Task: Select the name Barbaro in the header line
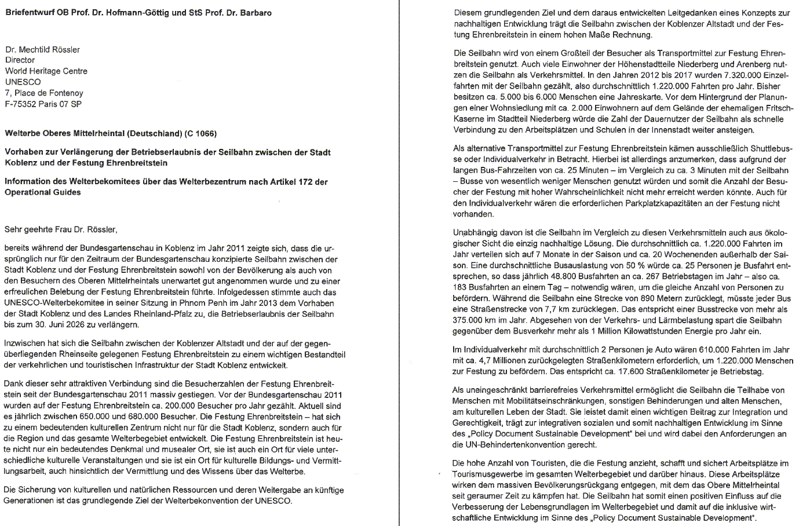(255, 13)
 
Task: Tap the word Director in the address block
(20, 60)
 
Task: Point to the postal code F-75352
(21, 104)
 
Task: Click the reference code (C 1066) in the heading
(200, 134)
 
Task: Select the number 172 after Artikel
(305, 182)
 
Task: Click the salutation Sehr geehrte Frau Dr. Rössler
(61, 229)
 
